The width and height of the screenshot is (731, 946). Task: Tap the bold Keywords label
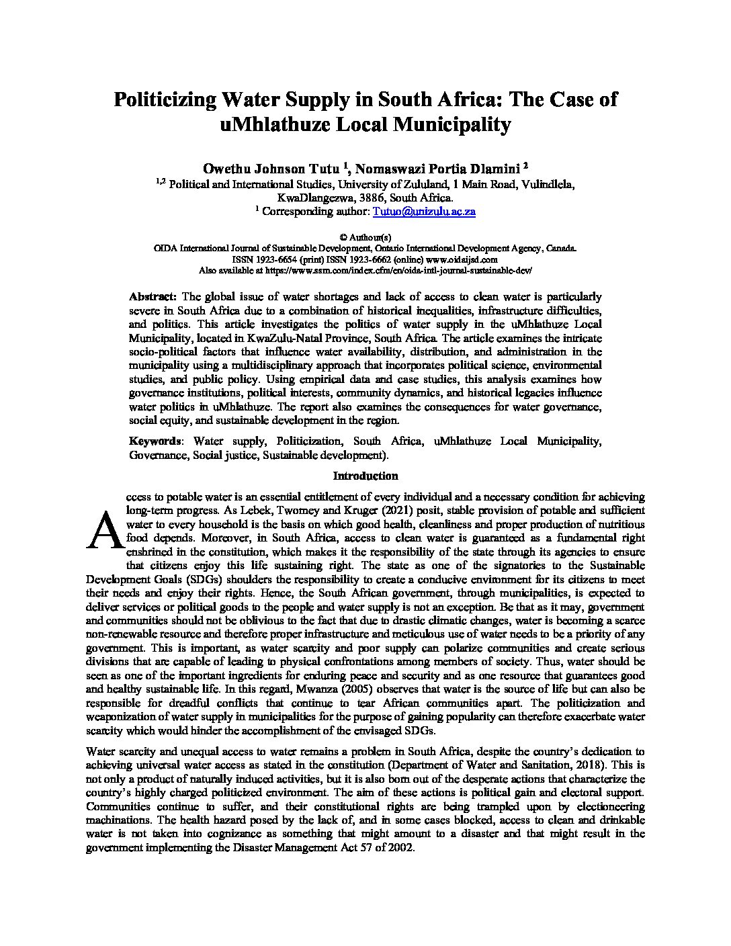coord(155,441)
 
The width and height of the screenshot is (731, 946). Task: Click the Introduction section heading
coord(365,476)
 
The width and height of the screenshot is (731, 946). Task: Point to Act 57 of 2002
coord(385,847)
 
